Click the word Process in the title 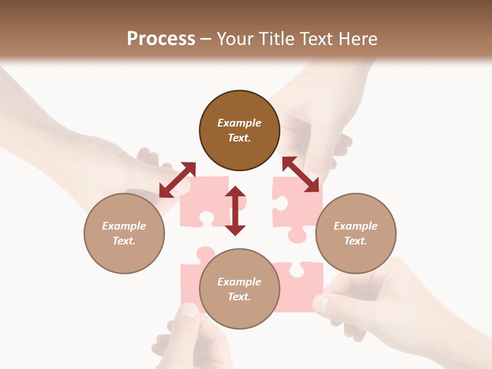point(161,38)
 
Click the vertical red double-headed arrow point(235,211)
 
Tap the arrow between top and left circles point(177,180)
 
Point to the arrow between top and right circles point(301,174)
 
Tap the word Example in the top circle point(239,123)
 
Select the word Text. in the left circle point(124,241)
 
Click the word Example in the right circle point(356,226)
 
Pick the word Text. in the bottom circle point(239,297)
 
